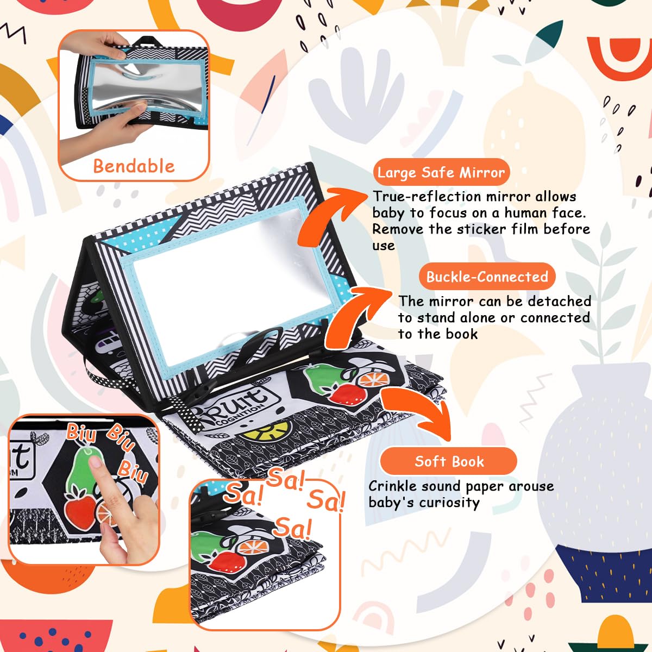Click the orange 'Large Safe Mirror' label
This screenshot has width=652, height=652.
tap(441, 172)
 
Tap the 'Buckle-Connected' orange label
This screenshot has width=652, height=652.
tap(487, 277)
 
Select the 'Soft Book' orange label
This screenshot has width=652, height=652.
tap(449, 461)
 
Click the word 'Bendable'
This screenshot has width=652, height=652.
tap(134, 166)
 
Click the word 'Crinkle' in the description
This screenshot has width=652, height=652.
tap(392, 486)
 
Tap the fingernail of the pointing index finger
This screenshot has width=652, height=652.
tap(96, 461)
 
